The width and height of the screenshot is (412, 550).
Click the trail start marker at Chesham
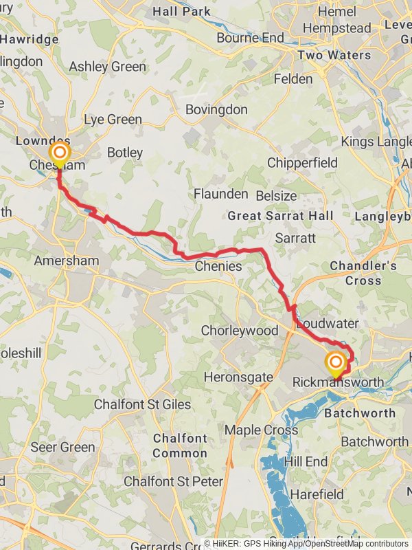pos(60,153)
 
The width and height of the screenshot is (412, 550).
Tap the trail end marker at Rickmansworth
pos(336,363)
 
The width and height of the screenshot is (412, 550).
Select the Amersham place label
pos(67,261)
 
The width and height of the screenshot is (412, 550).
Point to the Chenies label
pos(218,266)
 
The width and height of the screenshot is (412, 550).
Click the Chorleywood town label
pos(239,331)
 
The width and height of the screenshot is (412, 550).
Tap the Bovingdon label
pos(217,109)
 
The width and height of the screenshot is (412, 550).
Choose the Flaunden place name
pos(220,193)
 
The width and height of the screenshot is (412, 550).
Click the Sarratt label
pos(295,238)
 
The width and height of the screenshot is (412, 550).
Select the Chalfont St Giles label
pos(142,404)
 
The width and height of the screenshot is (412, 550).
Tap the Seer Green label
pos(62,447)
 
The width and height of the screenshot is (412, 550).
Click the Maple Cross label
pos(262,430)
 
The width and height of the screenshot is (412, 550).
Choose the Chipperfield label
pos(303,163)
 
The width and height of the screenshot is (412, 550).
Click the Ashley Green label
pos(108,67)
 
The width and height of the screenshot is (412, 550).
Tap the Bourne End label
pos(250,37)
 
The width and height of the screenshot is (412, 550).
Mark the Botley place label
pos(125,153)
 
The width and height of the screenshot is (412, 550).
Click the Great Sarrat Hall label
pos(281,216)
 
